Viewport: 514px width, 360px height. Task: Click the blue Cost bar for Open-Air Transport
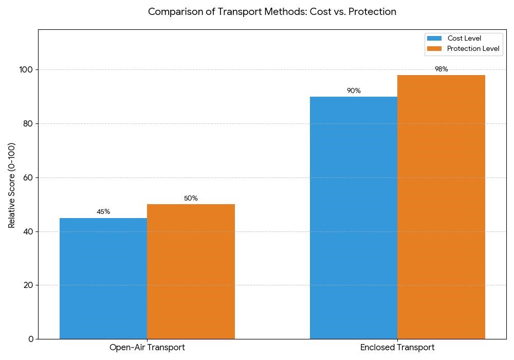coord(103,278)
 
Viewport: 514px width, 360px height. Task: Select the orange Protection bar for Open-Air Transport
coord(191,272)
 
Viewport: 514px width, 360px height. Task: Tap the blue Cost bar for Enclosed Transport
coord(354,218)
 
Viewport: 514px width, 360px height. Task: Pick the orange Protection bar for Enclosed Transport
coord(441,207)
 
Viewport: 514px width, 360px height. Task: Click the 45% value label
coord(103,212)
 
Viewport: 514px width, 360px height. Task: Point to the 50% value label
coord(191,199)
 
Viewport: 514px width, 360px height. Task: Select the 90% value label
coord(354,91)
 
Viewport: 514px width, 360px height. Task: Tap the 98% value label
coord(441,69)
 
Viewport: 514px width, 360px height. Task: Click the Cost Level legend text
coord(464,38)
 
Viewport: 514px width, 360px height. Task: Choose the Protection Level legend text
coord(473,49)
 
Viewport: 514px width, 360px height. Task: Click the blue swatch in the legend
coord(434,38)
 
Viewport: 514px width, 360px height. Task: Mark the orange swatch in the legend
coord(434,49)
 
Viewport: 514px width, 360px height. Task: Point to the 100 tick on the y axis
coord(27,70)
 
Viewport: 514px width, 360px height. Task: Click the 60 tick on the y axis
coord(29,178)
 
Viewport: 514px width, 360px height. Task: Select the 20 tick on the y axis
coord(29,285)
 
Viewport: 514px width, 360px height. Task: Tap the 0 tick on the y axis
coord(31,339)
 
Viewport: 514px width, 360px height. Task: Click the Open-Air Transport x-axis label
coord(147,348)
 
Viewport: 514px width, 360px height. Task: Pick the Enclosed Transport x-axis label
coord(397,348)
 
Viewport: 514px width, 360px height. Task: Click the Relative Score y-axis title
coord(12,185)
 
